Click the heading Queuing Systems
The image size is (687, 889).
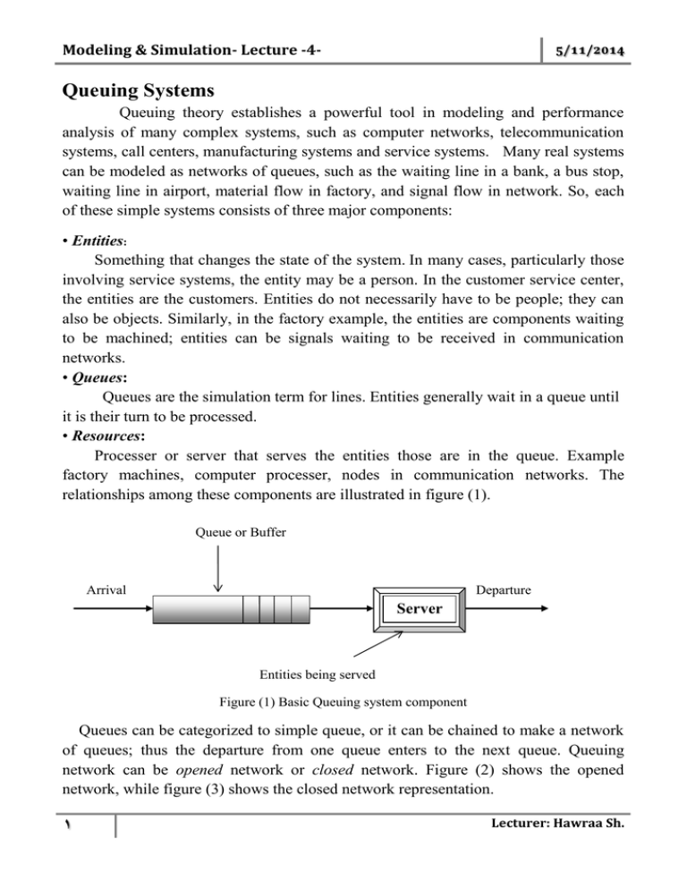click(x=115, y=89)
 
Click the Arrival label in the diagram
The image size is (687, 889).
click(x=106, y=589)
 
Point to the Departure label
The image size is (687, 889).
click(x=504, y=589)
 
